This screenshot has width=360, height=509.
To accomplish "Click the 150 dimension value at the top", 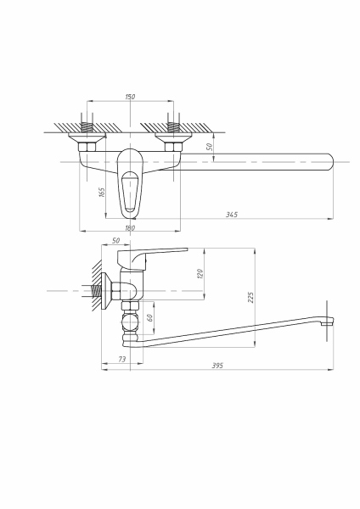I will click(130, 98).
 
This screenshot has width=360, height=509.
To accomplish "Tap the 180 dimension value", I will click(130, 227).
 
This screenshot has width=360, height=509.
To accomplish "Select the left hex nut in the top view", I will click(89, 148).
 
